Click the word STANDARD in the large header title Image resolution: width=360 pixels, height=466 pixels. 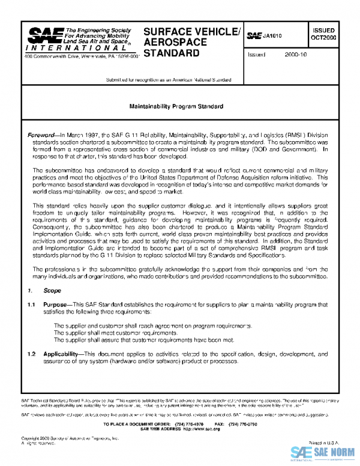tap(172, 53)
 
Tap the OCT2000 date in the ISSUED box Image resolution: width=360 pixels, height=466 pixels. tap(323, 38)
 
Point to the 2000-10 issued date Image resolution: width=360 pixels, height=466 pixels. tap(296, 55)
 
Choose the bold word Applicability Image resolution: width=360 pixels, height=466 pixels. tap(61, 354)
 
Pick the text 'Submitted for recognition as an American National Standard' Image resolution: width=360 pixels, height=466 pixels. tap(169, 80)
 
